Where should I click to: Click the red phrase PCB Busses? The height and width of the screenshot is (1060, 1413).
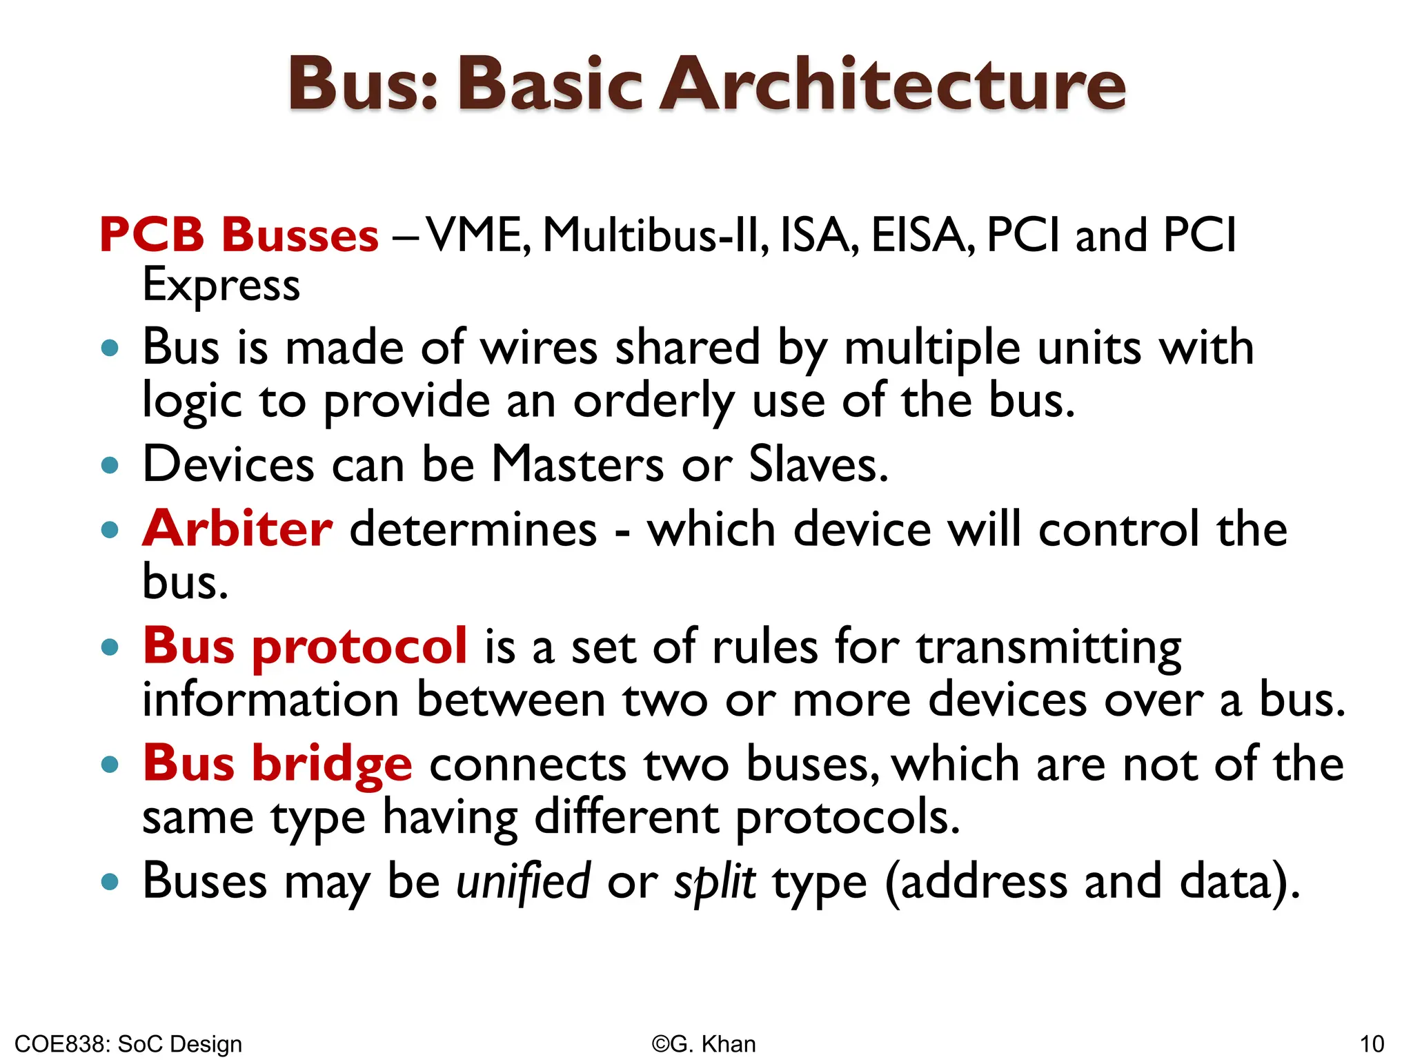click(x=239, y=235)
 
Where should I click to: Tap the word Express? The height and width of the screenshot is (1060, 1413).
click(x=221, y=286)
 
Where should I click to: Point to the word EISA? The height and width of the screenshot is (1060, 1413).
click(x=922, y=235)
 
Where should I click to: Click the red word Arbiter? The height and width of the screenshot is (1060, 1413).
click(x=237, y=529)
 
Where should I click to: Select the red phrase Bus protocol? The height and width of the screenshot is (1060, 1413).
click(x=305, y=647)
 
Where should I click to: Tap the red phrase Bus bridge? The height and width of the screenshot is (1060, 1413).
click(x=277, y=764)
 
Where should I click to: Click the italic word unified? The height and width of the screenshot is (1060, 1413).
click(x=523, y=882)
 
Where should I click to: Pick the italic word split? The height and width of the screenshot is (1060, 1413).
click(x=715, y=882)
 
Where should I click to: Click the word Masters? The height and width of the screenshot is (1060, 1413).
click(x=577, y=464)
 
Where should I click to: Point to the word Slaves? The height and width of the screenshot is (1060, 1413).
click(x=818, y=464)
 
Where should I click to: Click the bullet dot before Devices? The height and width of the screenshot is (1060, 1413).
click(x=110, y=465)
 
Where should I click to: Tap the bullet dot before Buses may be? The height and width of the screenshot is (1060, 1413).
click(x=110, y=882)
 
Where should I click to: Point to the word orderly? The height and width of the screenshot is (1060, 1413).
click(x=653, y=402)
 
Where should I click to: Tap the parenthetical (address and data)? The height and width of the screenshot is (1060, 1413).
click(x=1092, y=882)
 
